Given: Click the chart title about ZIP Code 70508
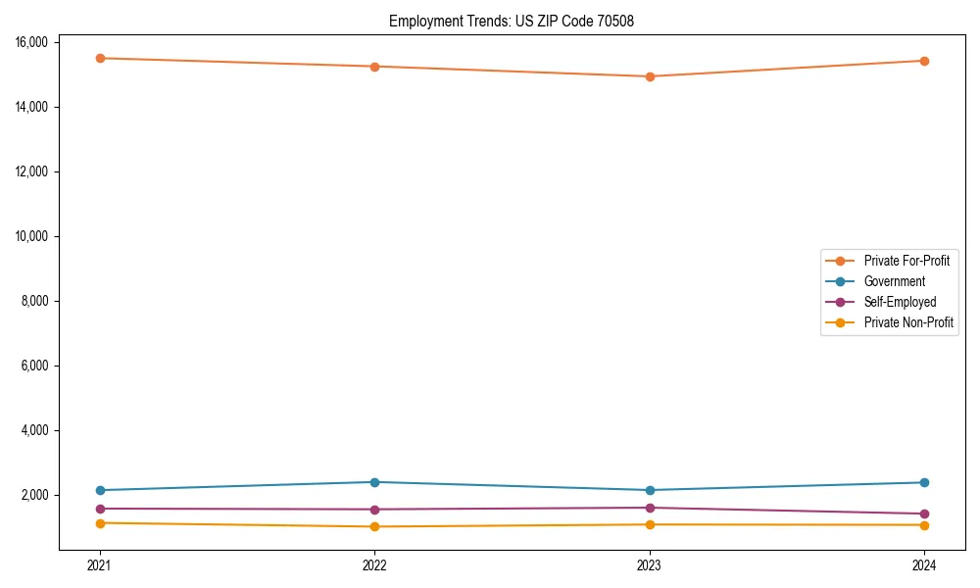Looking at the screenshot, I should [512, 21].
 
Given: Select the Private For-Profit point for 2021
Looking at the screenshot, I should [99, 58].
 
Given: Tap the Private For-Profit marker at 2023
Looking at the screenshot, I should [649, 76].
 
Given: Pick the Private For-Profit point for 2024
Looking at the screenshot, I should [924, 61].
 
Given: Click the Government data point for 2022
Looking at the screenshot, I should [374, 482].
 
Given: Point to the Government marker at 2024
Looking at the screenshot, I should [924, 482].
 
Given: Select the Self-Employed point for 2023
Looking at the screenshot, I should [649, 508].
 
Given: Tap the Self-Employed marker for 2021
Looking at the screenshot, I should [99, 509].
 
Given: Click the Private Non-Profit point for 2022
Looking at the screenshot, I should [374, 526].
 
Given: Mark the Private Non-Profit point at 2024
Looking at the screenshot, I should [924, 525].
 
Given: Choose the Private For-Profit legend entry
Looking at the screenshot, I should [906, 261].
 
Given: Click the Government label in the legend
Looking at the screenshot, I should [894, 281].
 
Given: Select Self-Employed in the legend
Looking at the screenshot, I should [900, 302].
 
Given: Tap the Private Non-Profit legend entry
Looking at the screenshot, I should [908, 322].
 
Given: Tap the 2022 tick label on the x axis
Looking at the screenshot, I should [374, 564].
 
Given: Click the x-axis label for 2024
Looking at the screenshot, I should [924, 564].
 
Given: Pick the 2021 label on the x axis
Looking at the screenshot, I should [99, 564].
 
